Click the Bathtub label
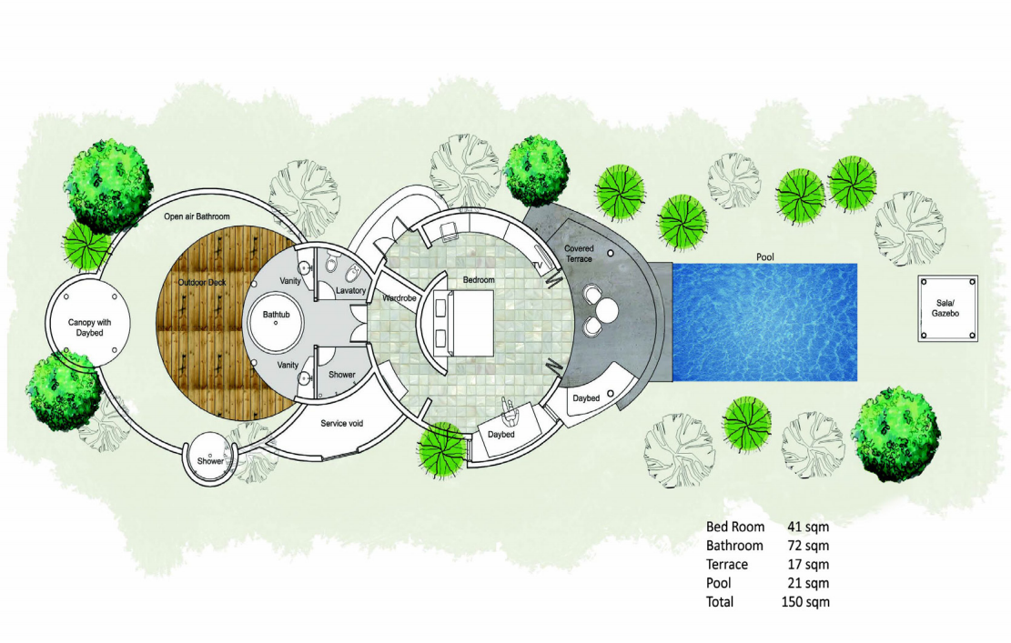click(x=276, y=315)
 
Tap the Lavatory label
click(x=350, y=290)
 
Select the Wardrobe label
click(x=399, y=298)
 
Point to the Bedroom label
click(x=479, y=279)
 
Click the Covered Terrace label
click(x=579, y=253)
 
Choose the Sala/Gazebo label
click(x=945, y=308)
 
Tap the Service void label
click(x=342, y=423)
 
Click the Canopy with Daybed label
click(x=89, y=327)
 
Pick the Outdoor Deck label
click(x=202, y=282)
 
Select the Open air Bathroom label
click(x=197, y=216)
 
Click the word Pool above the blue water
click(x=765, y=257)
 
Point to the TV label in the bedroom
click(x=537, y=265)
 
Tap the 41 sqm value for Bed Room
click(x=809, y=527)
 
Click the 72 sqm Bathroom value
click(x=809, y=546)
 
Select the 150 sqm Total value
click(x=805, y=602)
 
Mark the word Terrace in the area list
click(x=727, y=565)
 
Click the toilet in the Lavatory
click(x=332, y=261)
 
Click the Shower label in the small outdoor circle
click(x=210, y=461)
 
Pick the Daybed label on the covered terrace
click(x=586, y=398)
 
